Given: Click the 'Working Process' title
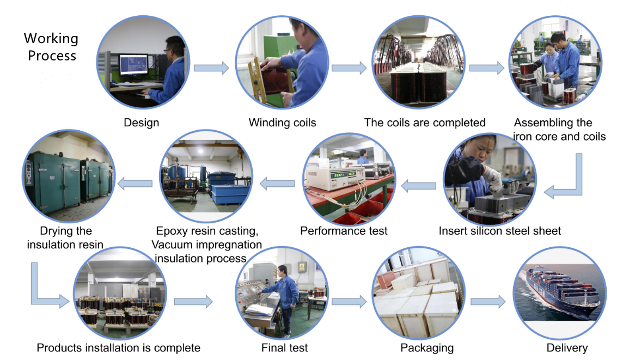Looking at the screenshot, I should click(x=51, y=47).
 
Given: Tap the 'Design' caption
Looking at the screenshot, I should click(x=142, y=123).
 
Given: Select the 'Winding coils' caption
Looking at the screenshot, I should click(x=282, y=123).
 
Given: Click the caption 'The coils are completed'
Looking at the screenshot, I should click(x=424, y=123).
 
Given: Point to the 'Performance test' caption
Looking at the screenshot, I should click(x=344, y=231).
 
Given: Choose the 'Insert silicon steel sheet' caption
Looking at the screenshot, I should click(x=500, y=231).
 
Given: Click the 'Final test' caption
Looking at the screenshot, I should click(x=285, y=347).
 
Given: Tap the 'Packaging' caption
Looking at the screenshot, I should click(x=427, y=347).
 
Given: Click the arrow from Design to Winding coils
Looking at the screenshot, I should click(x=212, y=68).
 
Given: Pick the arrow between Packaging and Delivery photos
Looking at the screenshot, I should click(x=488, y=301).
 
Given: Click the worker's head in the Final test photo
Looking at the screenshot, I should click(x=282, y=271).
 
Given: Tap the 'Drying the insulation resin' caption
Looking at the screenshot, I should click(x=65, y=238).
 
